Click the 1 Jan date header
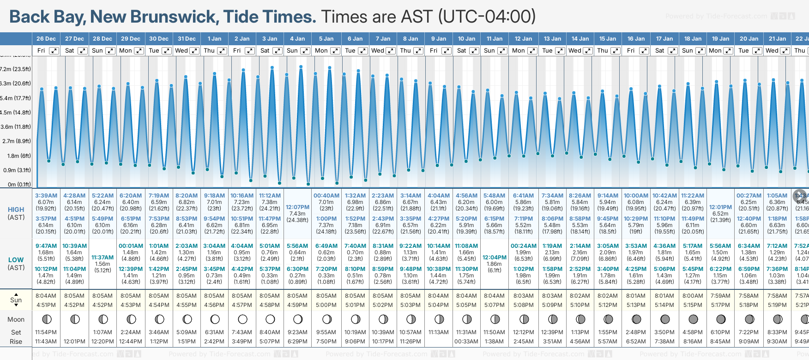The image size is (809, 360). coord(214,39)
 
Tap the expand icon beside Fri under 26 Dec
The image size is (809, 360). coord(54,51)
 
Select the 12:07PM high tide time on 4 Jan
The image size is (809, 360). coord(297,207)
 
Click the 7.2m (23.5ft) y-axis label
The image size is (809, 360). coord(16,69)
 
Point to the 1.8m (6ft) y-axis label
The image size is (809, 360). coord(19,156)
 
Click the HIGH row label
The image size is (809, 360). coord(16,210)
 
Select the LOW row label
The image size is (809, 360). coord(16,260)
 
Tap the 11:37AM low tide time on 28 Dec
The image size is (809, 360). coord(103,258)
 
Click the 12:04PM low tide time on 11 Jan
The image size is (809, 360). coord(494,258)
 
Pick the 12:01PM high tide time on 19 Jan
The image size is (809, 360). coord(720,207)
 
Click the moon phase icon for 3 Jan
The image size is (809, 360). coord(270,319)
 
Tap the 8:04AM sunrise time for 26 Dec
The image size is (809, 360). coord(46,296)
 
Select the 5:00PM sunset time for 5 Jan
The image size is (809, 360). coord(326,305)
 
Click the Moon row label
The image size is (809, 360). coord(16,319)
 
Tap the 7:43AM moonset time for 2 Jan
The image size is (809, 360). coord(242,332)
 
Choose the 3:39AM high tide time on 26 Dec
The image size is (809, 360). coord(46,196)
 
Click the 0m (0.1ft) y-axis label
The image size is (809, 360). coord(19,185)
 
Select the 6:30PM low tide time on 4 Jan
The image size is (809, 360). coord(297,269)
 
